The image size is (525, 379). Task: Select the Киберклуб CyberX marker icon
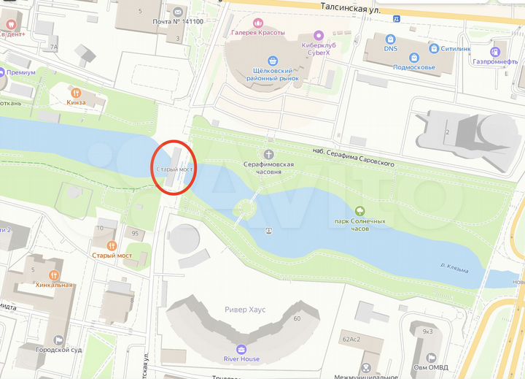318,34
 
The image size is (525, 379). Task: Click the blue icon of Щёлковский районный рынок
273,61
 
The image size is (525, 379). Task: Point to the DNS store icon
390,38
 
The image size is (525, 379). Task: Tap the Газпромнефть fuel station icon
495,51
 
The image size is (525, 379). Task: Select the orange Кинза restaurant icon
75,93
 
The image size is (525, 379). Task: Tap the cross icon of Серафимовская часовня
268,155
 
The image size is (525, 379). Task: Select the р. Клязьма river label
454,269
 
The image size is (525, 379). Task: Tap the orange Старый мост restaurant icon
111,245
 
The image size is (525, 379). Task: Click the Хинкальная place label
54,285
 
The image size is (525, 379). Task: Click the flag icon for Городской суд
58,340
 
